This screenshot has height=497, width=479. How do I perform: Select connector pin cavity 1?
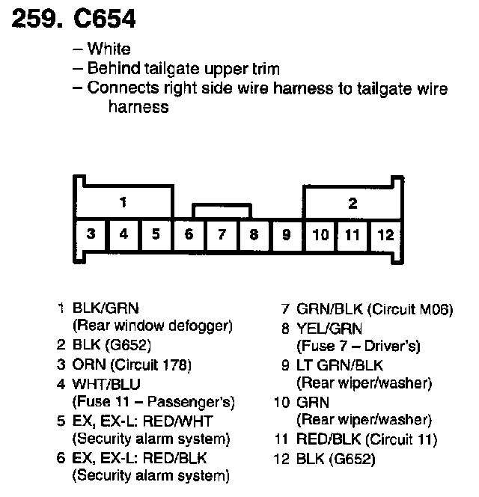click(x=123, y=202)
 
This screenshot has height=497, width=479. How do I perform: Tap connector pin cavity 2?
click(x=353, y=203)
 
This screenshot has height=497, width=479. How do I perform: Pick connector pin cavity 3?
click(x=90, y=234)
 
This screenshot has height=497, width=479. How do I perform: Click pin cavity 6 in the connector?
click(x=189, y=234)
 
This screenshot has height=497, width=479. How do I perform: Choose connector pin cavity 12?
click(x=385, y=234)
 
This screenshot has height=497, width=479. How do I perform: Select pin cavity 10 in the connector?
click(x=320, y=234)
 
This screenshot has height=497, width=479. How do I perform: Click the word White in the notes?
click(x=109, y=49)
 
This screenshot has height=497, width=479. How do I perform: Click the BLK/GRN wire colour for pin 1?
click(x=106, y=308)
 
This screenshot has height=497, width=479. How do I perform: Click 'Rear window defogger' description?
click(x=153, y=326)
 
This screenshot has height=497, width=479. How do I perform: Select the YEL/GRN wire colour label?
click(x=329, y=327)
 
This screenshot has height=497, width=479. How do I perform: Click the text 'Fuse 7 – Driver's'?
click(x=359, y=346)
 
